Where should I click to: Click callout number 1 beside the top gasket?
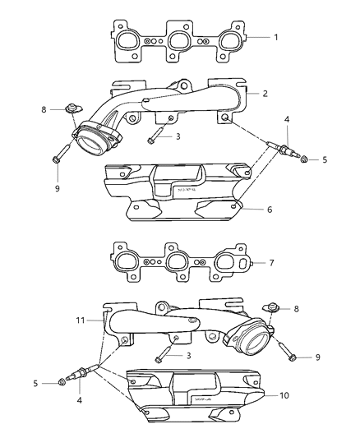pos(277,37)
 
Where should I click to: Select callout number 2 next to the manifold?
pos(265,94)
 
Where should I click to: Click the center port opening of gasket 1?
pos(181,40)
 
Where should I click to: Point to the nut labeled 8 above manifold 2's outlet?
pos(73,109)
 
